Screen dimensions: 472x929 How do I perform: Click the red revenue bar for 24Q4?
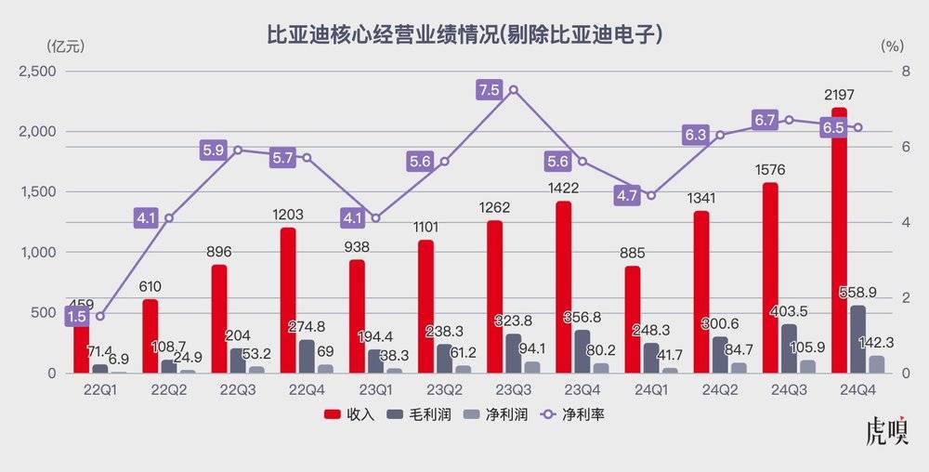click(x=839, y=260)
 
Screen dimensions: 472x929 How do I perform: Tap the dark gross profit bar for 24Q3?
click(x=789, y=348)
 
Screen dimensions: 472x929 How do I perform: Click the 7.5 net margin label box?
click(x=489, y=89)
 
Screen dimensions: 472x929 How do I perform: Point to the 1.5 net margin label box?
click(x=77, y=316)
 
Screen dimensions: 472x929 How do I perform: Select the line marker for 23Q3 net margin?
click(x=514, y=90)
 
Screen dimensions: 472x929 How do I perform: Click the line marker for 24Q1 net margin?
click(x=650, y=196)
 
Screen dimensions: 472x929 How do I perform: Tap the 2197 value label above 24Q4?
click(x=839, y=95)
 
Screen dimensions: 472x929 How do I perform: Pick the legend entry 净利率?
click(x=573, y=414)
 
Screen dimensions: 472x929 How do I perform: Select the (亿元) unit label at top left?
click(x=59, y=45)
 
